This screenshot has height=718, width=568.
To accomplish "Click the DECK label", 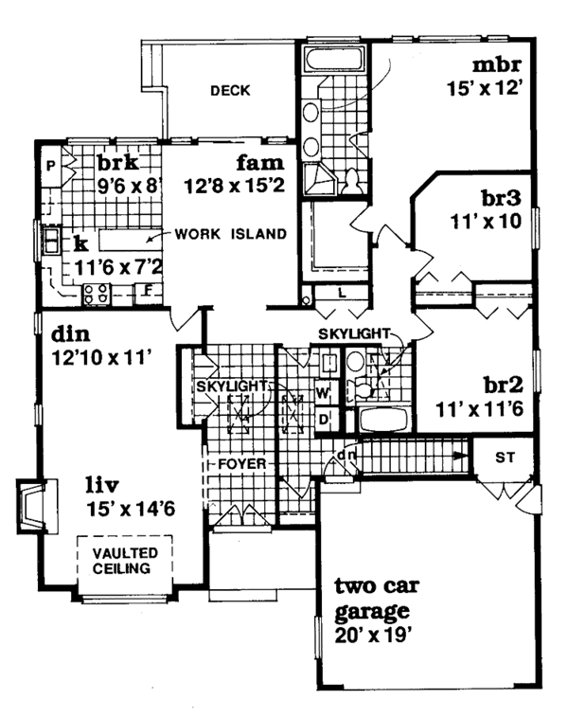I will click(229, 91).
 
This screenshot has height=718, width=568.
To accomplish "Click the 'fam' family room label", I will click(256, 162).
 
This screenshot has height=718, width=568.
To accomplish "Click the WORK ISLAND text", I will click(230, 233).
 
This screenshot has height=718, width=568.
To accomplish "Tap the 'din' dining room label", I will click(71, 334).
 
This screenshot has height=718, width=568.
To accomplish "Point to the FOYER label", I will click(241, 464).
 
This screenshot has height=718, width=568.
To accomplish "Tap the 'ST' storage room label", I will click(506, 458).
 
